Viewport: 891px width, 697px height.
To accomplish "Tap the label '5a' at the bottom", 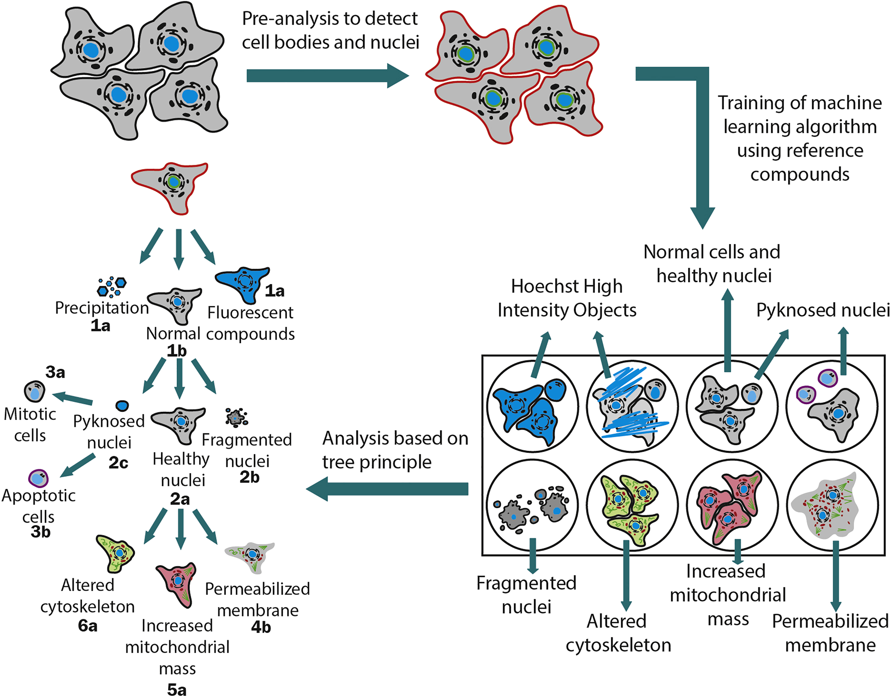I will tap(177, 690).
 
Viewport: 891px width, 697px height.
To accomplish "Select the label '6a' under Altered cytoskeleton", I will tap(88, 626).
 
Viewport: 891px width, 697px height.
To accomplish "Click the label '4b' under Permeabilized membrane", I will tap(261, 627).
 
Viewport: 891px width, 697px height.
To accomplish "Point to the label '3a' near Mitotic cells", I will tap(55, 372).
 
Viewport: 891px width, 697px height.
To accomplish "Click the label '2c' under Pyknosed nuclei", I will tap(118, 463).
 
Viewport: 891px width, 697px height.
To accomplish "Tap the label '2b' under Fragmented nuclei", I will tap(249, 477).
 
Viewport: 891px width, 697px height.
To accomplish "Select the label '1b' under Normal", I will tap(176, 351).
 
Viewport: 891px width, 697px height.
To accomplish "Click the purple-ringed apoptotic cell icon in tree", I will tap(38, 478).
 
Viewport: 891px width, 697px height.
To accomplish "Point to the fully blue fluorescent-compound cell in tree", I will tap(241, 283).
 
